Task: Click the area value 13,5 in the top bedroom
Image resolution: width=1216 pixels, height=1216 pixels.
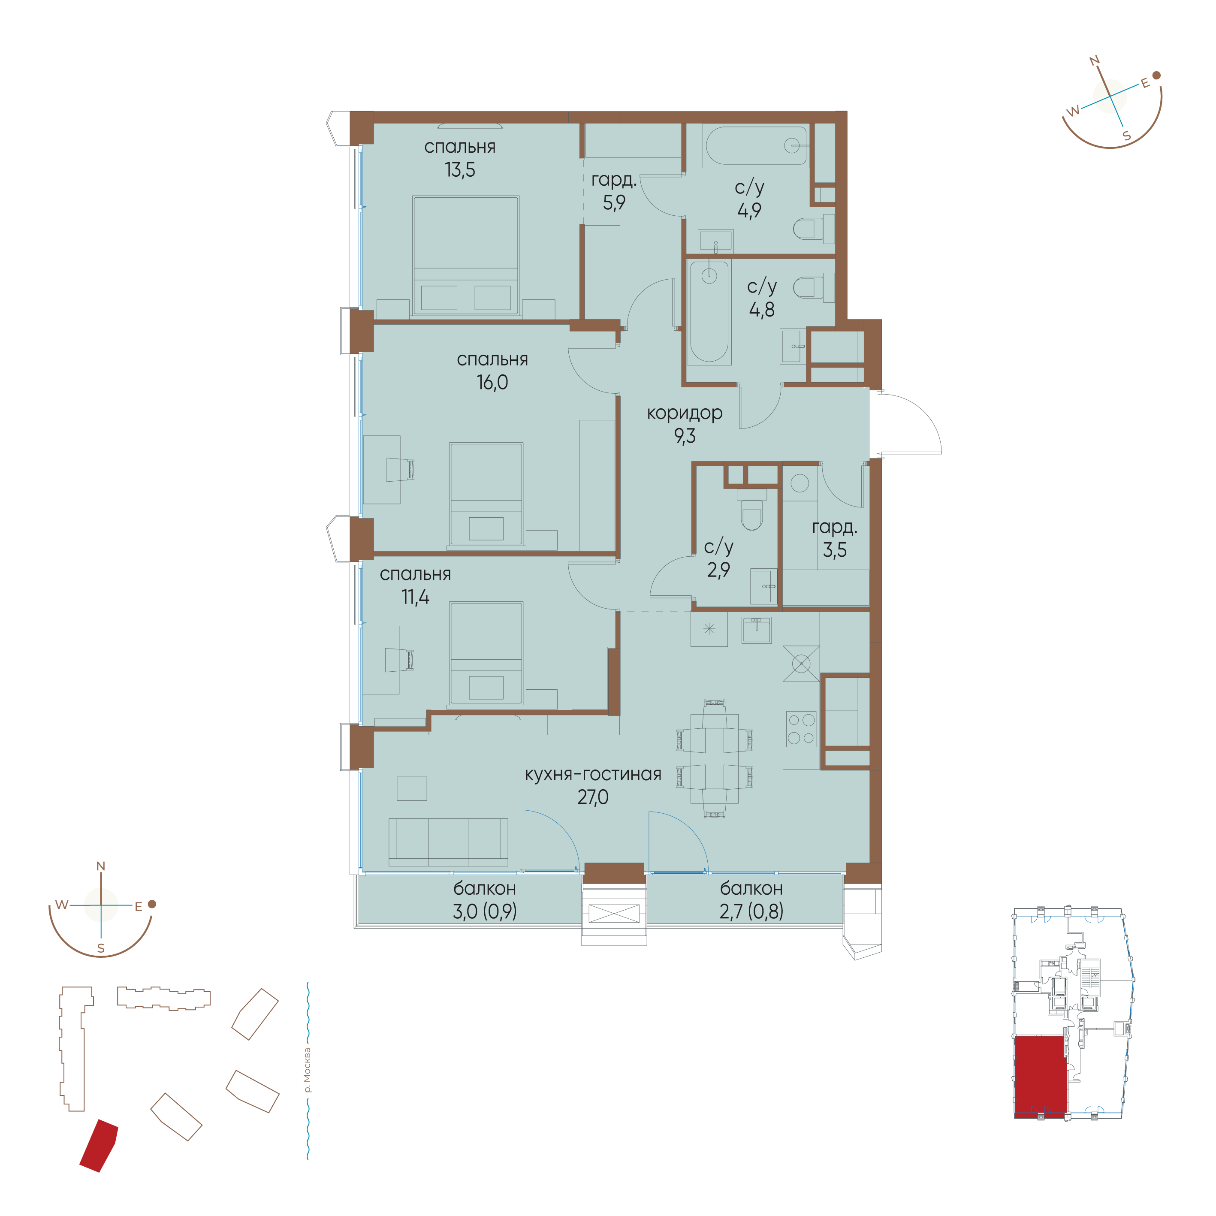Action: click(460, 170)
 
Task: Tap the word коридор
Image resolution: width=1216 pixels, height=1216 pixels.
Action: click(685, 413)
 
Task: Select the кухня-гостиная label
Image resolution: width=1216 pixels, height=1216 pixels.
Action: click(593, 774)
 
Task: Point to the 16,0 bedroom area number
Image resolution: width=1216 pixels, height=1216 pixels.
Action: click(492, 382)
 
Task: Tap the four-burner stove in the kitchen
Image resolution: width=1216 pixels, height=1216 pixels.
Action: click(801, 729)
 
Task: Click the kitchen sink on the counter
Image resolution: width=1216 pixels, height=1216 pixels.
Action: click(757, 629)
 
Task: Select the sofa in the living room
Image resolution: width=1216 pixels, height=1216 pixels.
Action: click(448, 842)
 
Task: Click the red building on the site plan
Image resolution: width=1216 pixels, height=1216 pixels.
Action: click(99, 1146)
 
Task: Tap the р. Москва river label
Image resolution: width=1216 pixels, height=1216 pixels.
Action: click(307, 1070)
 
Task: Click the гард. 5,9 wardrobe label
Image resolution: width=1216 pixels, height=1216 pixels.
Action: click(614, 191)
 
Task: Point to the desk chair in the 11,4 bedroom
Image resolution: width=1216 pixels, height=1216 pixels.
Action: click(400, 660)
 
